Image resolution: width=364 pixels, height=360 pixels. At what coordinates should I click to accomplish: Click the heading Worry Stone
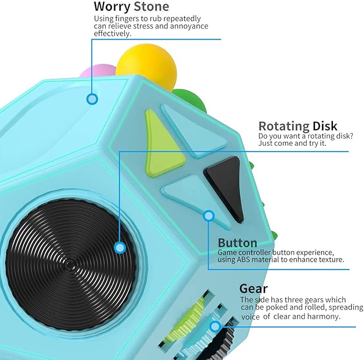tap(131, 7)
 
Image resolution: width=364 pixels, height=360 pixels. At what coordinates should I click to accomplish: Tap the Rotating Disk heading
tap(298, 126)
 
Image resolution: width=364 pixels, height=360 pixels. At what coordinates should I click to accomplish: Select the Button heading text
tap(237, 243)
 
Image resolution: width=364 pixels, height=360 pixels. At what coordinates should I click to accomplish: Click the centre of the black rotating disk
tap(70, 264)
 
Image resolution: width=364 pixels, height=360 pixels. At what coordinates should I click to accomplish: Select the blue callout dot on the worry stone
tap(92, 99)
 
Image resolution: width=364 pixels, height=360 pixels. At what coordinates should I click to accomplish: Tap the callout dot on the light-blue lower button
tap(209, 216)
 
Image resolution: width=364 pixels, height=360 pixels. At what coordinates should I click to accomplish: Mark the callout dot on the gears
tap(215, 326)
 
